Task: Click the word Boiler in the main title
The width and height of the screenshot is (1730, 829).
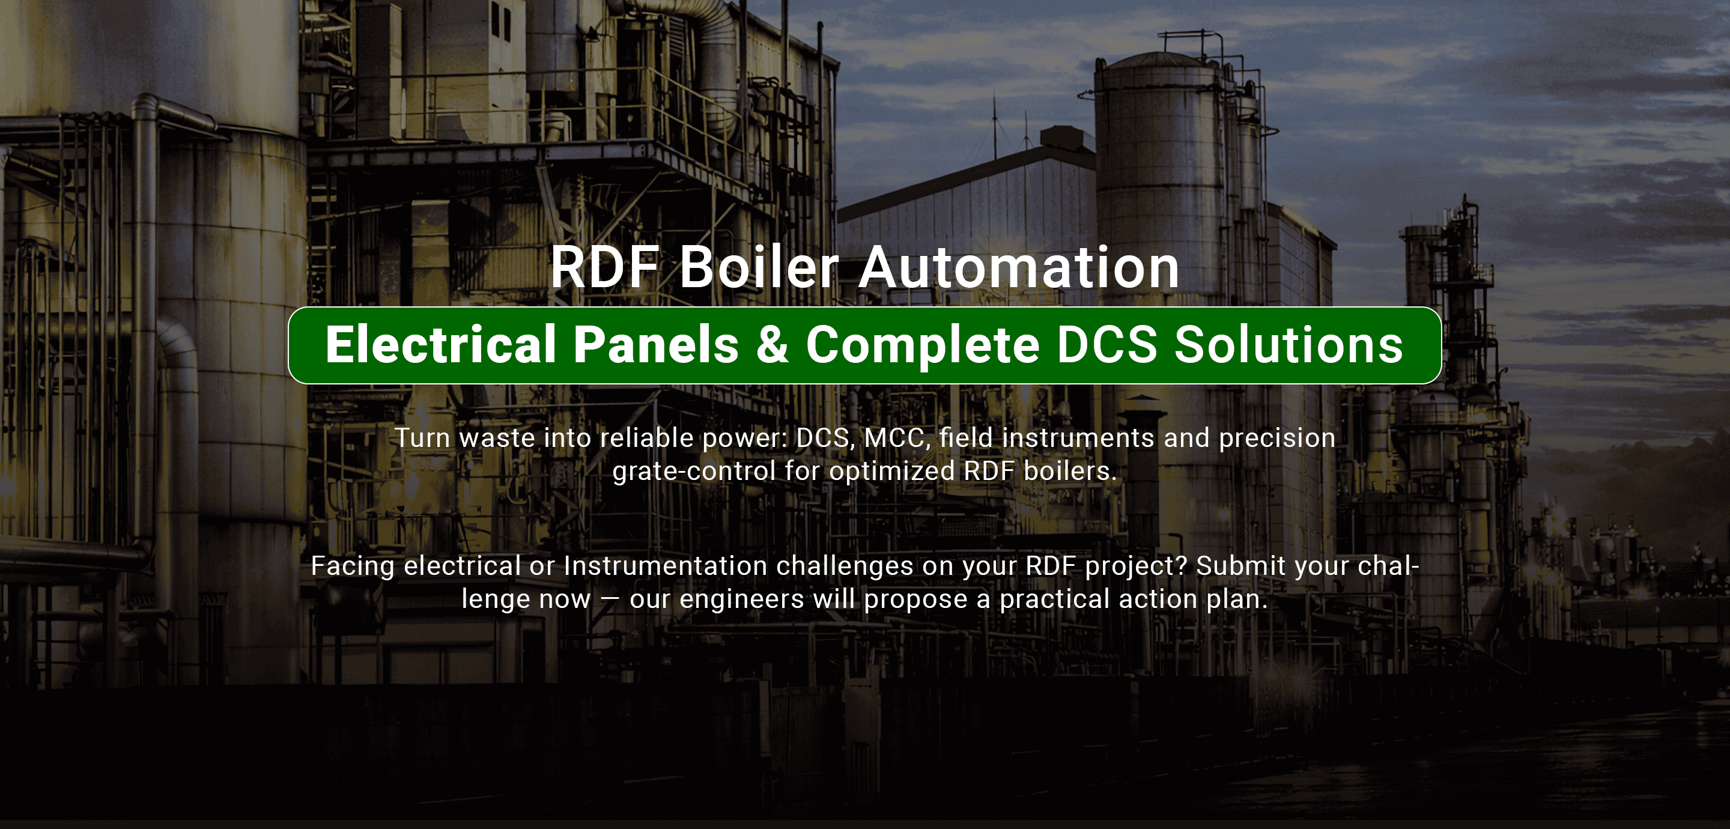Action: [759, 267]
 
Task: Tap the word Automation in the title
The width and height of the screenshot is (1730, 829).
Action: [1018, 267]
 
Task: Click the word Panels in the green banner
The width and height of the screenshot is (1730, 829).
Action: [656, 345]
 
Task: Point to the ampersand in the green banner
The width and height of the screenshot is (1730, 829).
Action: [772, 345]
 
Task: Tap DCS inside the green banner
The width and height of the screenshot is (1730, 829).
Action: [1106, 345]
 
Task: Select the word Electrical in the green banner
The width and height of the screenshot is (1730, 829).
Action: [440, 345]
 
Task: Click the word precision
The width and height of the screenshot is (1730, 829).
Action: [1276, 438]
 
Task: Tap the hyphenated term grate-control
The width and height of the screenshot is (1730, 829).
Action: [694, 472]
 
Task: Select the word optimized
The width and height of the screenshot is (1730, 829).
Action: [892, 472]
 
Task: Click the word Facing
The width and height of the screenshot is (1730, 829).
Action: [352, 566]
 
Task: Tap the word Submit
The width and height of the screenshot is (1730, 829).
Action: [1240, 566]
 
